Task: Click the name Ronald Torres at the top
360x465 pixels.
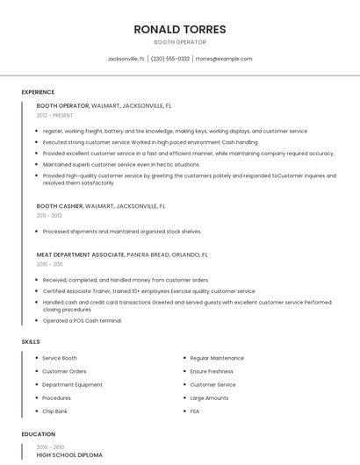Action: [179, 29]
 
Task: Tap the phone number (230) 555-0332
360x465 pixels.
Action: [170, 59]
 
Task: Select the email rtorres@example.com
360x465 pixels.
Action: [224, 59]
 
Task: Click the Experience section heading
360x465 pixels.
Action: [38, 92]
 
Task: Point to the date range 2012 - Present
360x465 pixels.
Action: [55, 115]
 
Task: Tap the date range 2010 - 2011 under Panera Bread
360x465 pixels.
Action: [49, 264]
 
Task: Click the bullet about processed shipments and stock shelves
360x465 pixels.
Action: [122, 232]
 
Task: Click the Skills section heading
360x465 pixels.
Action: [31, 341]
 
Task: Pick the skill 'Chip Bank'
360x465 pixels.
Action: [54, 411]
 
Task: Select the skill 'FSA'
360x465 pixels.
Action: [195, 411]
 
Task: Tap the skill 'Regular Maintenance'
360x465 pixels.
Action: [217, 358]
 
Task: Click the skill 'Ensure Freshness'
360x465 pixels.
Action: [212, 371]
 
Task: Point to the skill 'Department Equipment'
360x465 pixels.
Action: [72, 384]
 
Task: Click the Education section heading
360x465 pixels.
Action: [38, 434]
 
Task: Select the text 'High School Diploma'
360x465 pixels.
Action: [69, 455]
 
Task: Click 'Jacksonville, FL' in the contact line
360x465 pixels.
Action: [126, 59]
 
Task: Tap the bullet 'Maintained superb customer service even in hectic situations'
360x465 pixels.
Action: [121, 164]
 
